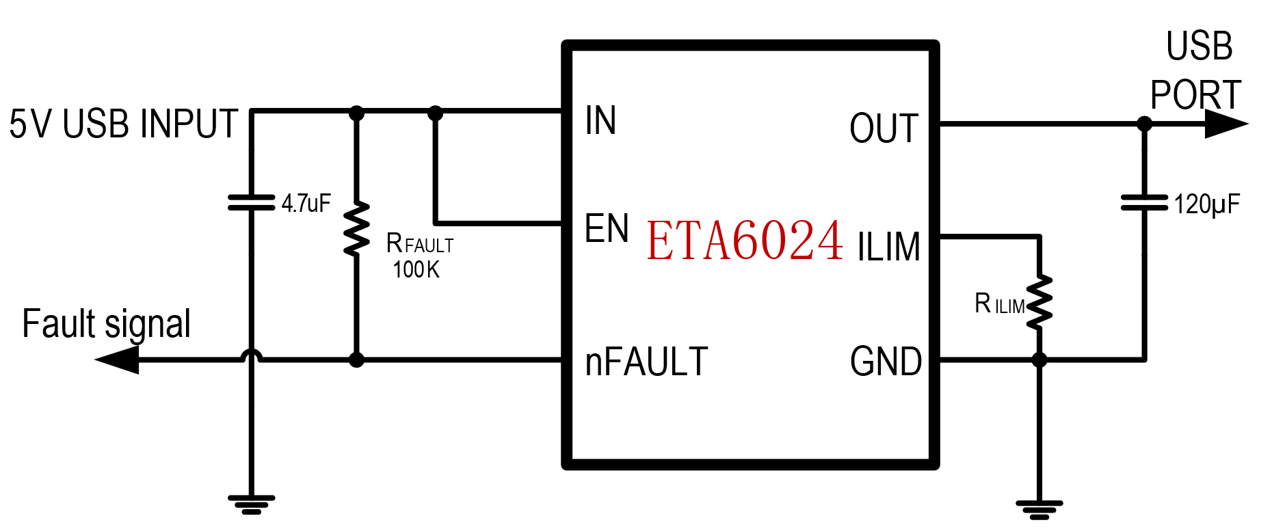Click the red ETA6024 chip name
(x=744, y=241)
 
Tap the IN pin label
(x=600, y=121)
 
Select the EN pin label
(x=606, y=229)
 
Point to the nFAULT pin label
(x=646, y=362)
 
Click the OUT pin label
(x=884, y=128)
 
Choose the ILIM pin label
(x=888, y=247)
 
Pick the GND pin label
(x=886, y=362)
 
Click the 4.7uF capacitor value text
(x=306, y=204)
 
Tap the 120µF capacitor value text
(x=1206, y=204)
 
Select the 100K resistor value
(x=416, y=270)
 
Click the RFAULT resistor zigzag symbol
(x=356, y=229)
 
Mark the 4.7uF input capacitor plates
(x=251, y=202)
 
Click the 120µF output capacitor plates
(x=1144, y=202)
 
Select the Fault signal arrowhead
(x=118, y=360)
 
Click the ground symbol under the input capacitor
(x=251, y=504)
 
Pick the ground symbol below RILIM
(x=1039, y=509)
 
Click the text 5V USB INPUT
(x=123, y=124)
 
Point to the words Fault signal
(x=106, y=324)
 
